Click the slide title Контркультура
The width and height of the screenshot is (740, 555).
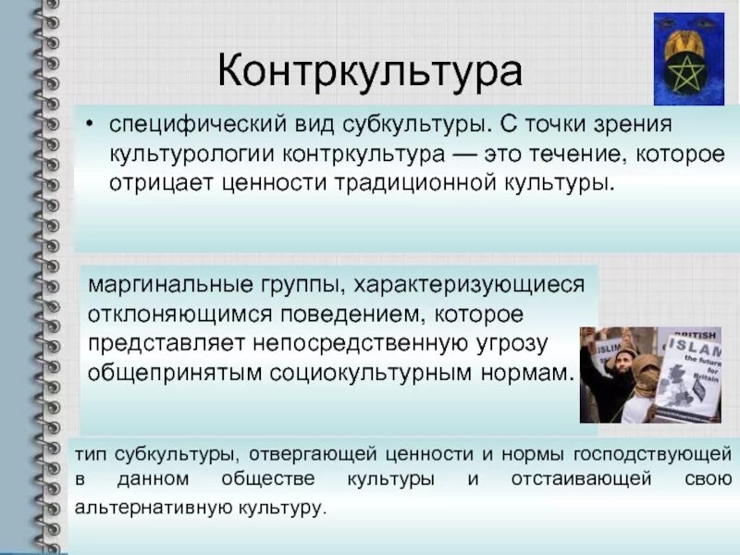click(x=370, y=72)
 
